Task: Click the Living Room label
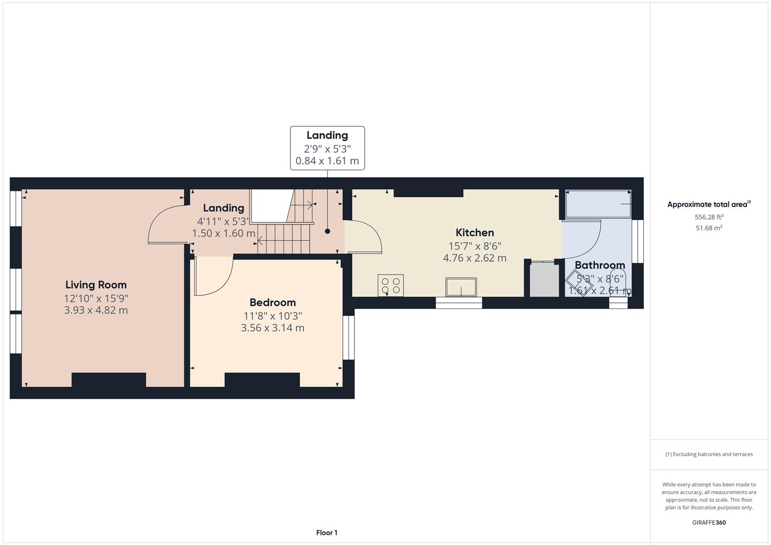click(x=96, y=285)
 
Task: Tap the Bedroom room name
click(x=273, y=302)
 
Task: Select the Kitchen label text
click(x=475, y=233)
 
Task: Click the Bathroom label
click(x=599, y=265)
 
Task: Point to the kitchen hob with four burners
click(x=391, y=286)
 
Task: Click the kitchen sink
click(x=460, y=287)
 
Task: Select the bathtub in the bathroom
click(x=597, y=204)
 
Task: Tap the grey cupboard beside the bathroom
click(x=544, y=280)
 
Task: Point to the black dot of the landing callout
click(x=327, y=231)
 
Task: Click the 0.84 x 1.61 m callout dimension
click(x=327, y=161)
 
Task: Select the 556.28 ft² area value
click(x=709, y=217)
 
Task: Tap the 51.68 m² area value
click(x=709, y=228)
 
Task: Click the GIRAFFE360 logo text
click(x=709, y=522)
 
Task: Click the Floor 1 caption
click(x=327, y=532)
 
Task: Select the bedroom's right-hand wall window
click(x=349, y=338)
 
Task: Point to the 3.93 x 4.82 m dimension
click(x=96, y=310)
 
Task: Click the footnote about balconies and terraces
click(x=709, y=454)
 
